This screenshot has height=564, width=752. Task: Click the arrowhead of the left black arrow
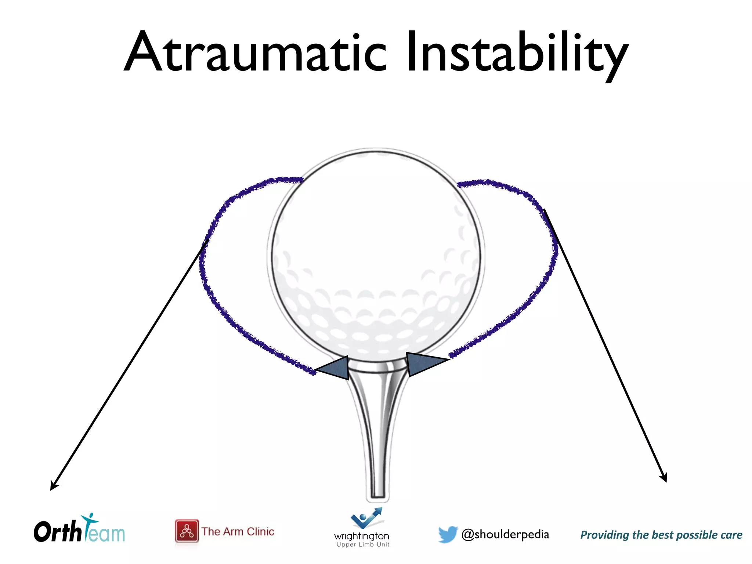[x=53, y=487]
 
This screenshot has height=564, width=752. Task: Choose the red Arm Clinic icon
[x=187, y=531]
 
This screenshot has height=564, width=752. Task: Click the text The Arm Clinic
[x=238, y=531]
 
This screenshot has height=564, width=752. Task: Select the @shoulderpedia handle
[x=505, y=534]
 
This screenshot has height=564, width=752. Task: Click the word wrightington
[x=362, y=536]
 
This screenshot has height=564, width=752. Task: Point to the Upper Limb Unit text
[x=363, y=545]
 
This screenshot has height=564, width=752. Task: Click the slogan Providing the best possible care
[x=661, y=535]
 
